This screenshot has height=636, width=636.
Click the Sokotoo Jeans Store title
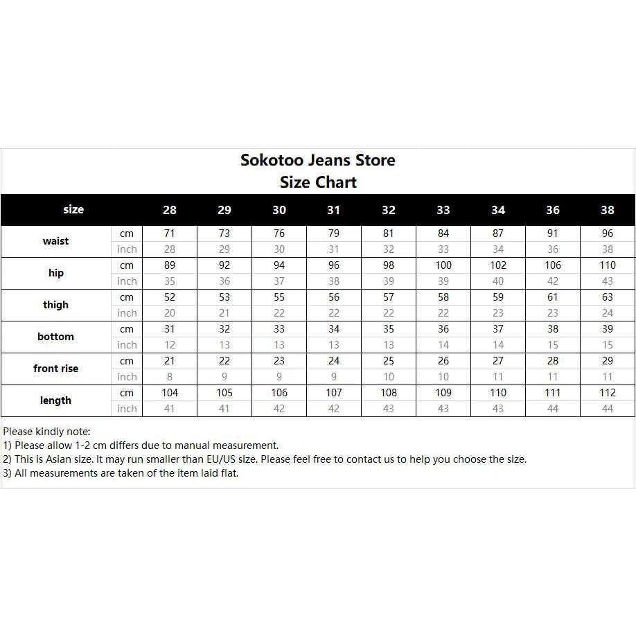click(x=318, y=160)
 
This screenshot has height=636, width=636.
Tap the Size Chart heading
click(x=318, y=183)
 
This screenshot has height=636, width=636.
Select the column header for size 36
click(x=553, y=210)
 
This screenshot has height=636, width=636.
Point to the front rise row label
click(x=55, y=369)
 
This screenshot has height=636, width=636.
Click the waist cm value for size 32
click(x=389, y=233)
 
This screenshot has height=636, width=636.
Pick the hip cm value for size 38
click(x=608, y=265)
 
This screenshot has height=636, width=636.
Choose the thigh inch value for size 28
click(x=170, y=313)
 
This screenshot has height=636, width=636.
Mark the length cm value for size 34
click(x=498, y=393)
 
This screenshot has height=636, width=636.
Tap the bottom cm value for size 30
click(x=279, y=329)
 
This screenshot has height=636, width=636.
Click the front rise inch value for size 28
click(x=170, y=377)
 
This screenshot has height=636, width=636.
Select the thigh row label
click(x=55, y=305)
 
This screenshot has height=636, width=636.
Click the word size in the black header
click(x=73, y=209)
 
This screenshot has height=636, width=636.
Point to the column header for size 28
click(x=170, y=210)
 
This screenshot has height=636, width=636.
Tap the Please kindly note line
click(x=46, y=432)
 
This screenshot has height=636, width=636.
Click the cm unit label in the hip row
click(x=127, y=265)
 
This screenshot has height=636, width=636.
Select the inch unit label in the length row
click(x=127, y=409)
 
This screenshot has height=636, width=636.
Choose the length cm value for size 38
click(x=608, y=393)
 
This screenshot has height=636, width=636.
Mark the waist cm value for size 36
click(x=553, y=233)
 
